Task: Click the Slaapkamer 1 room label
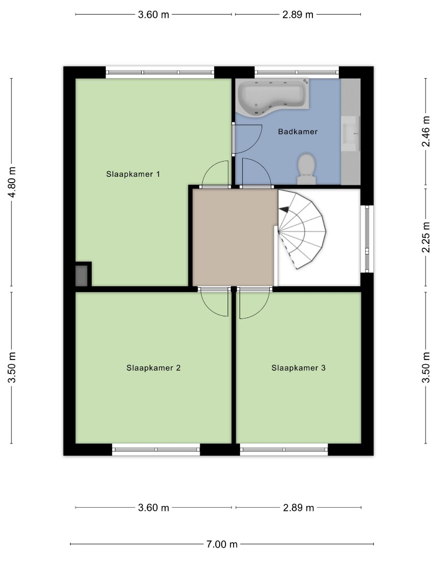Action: (x=133, y=174)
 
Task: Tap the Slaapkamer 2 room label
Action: (x=153, y=368)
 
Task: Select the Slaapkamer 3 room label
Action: (x=298, y=368)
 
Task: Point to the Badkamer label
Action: (x=298, y=131)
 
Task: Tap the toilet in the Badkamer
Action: (x=306, y=169)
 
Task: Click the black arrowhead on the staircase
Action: (x=284, y=210)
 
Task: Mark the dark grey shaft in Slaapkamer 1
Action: (x=81, y=275)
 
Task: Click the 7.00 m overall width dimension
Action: (x=222, y=544)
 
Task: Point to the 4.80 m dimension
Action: (x=12, y=182)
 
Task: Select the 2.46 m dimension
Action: (x=426, y=131)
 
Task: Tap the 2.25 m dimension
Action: (x=426, y=238)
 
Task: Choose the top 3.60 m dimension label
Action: (x=153, y=15)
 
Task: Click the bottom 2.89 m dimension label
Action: (x=298, y=508)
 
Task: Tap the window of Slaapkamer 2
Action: (x=156, y=449)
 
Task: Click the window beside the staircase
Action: (x=367, y=239)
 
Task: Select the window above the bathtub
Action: (x=297, y=72)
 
